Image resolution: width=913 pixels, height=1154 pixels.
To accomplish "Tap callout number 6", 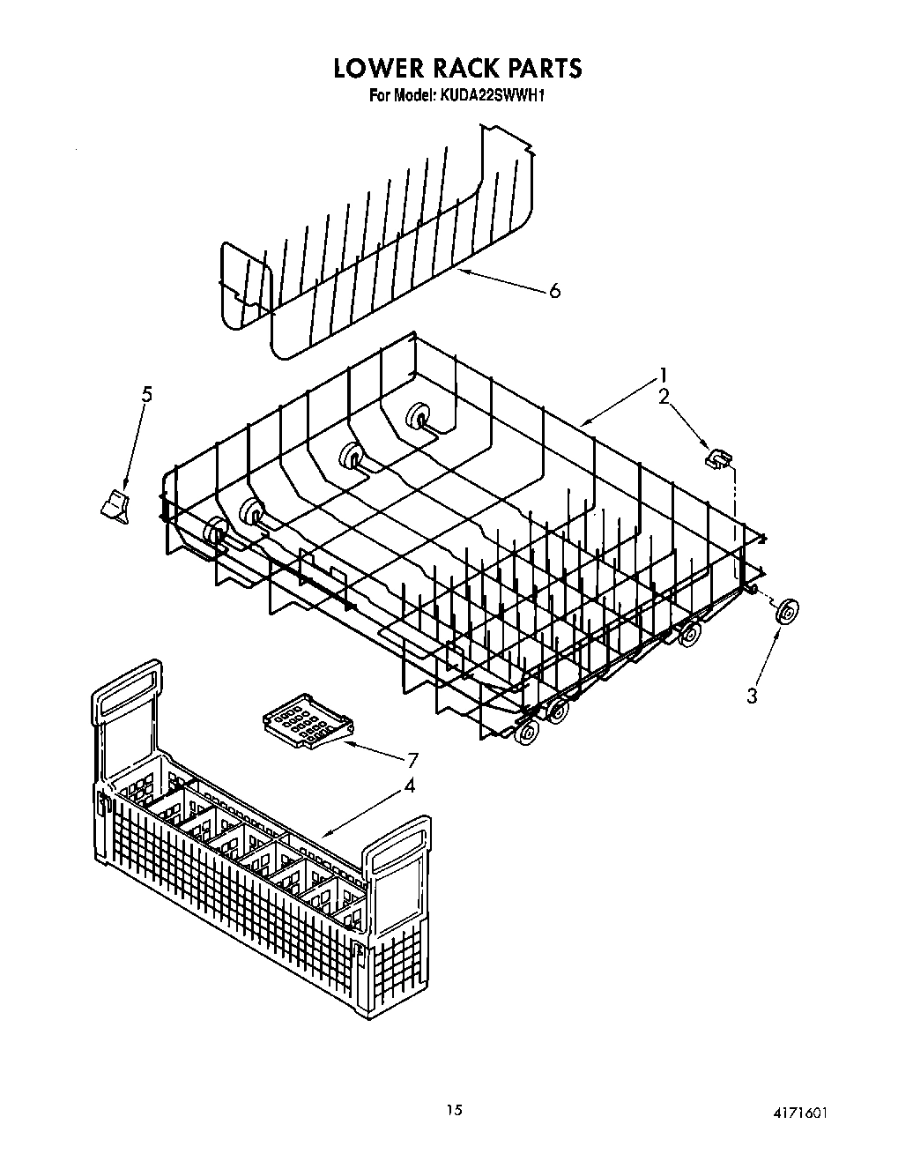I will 553,291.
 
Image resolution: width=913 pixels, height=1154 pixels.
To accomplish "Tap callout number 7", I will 412,760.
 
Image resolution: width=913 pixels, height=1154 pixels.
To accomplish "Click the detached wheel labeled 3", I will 786,612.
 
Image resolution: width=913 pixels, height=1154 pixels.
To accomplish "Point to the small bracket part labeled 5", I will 115,506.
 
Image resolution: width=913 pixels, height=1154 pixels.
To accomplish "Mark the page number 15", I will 454,1109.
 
